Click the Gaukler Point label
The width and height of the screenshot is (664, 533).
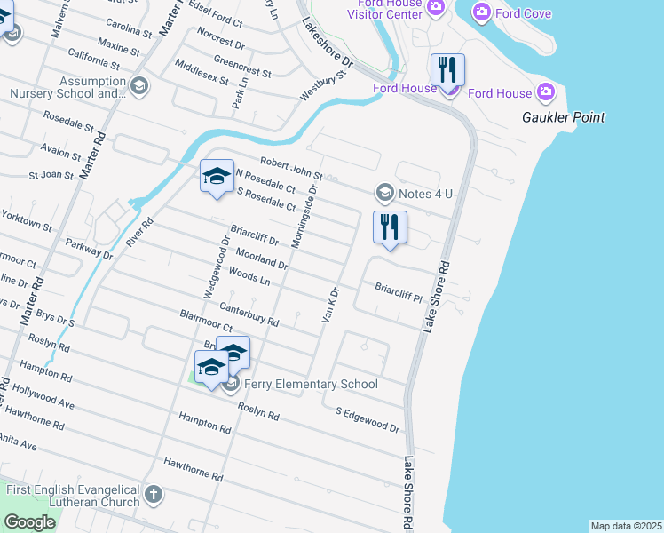coord(564,117)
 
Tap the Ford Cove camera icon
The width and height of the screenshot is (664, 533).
coord(482,12)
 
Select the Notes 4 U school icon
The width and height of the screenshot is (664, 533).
coord(384,192)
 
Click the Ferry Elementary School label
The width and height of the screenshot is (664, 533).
coord(312,384)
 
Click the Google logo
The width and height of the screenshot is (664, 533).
coord(29,522)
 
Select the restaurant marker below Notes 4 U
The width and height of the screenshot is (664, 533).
coord(390,227)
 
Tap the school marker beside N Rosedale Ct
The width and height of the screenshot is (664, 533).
coord(217,175)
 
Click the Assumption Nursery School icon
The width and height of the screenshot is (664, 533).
coord(138,86)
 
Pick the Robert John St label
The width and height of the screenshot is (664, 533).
coord(290,169)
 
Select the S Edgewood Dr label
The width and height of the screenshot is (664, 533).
coord(367,420)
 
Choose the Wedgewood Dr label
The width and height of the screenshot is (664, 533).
coord(216,266)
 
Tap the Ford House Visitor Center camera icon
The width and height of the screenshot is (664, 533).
coord(436,7)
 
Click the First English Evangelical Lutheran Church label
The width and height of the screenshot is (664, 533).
coord(74,496)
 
